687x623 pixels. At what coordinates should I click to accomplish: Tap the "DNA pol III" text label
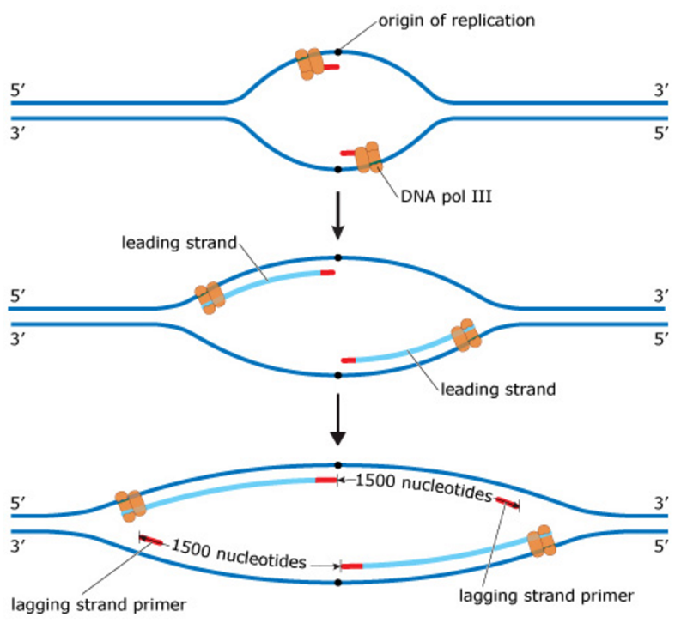point(443,196)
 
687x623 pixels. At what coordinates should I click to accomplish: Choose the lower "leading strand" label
point(499,389)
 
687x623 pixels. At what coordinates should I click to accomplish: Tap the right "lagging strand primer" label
point(547,594)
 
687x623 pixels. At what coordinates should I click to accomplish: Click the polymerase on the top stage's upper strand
point(310,64)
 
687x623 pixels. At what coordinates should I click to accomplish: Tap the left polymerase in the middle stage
point(210,297)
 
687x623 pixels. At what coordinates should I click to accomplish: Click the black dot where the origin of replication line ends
point(338,51)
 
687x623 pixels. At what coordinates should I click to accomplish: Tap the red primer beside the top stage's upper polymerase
point(331,68)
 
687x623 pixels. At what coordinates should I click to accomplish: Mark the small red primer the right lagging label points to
point(506,501)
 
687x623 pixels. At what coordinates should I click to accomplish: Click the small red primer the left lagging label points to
point(152,540)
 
